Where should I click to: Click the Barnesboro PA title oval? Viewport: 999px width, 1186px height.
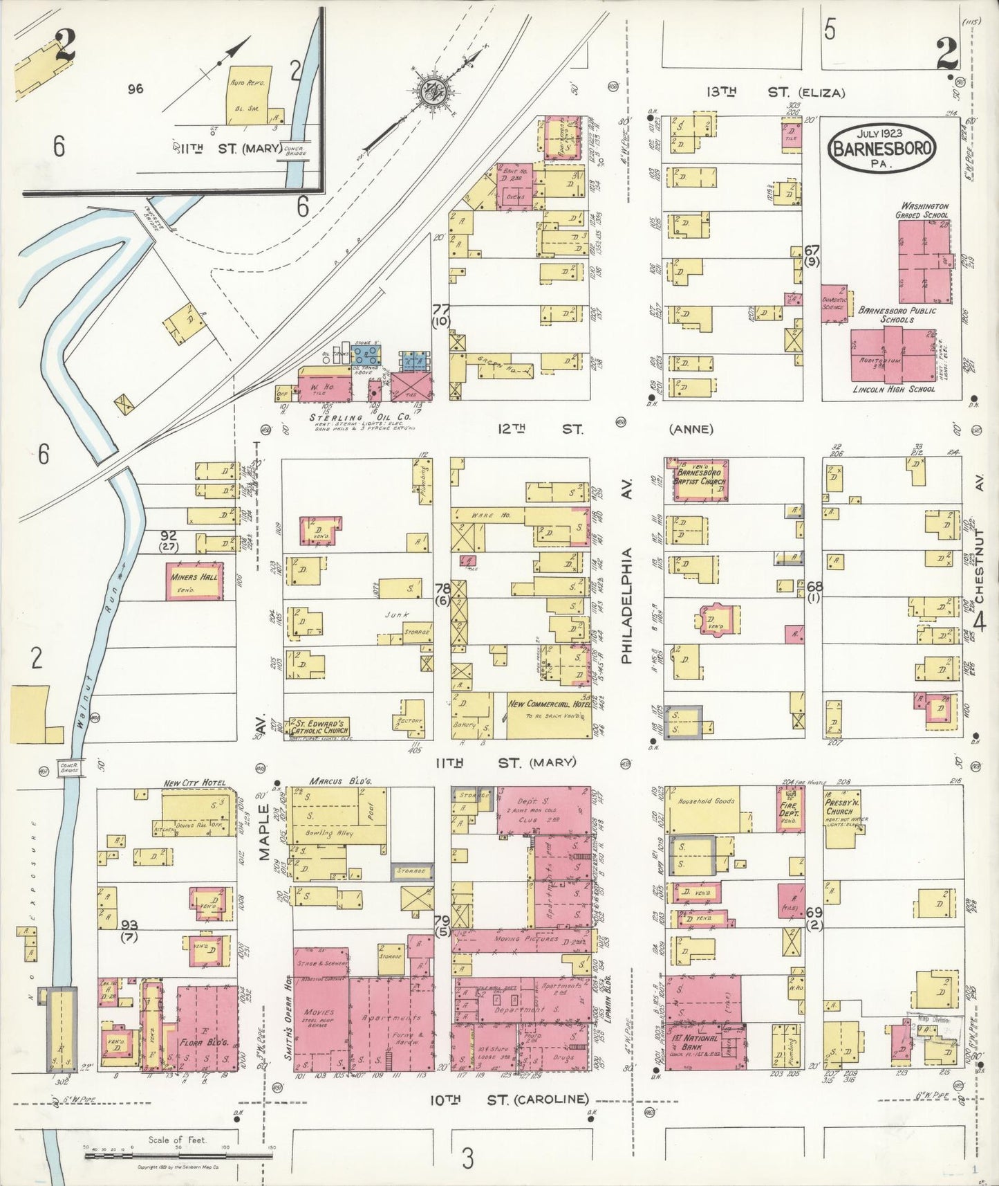883,148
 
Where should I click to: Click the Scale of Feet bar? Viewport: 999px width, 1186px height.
178,1156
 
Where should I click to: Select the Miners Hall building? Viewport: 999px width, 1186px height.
195,581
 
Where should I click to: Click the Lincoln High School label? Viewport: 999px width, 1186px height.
893,390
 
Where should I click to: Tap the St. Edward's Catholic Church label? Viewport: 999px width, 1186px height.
319,727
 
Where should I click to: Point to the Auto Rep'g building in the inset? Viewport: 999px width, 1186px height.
250,100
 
